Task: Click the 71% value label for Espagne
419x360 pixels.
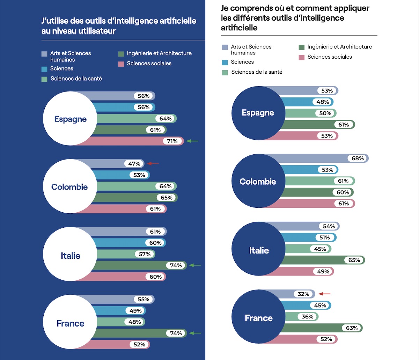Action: [x=172, y=141]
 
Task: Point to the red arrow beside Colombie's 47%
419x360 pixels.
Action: [x=153, y=163]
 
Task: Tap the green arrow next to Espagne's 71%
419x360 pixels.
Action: [x=192, y=141]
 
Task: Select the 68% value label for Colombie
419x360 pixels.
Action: [x=358, y=159]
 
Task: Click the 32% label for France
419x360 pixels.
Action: [x=303, y=294]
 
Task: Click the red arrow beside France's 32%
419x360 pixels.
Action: [x=324, y=294]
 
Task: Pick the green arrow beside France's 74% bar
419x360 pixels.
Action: [x=195, y=333]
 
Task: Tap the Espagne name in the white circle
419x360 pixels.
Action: [x=71, y=119]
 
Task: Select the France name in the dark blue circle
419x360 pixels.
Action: [x=259, y=318]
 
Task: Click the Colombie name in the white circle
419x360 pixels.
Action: [x=69, y=187]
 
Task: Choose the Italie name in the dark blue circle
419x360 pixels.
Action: [x=259, y=250]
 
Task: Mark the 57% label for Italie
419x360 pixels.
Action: [x=145, y=254]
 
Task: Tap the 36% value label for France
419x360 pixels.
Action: [x=307, y=317]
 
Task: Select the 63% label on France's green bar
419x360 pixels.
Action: [x=352, y=328]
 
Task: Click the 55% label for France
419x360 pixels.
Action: [x=143, y=299]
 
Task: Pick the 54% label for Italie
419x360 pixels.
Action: [x=329, y=226]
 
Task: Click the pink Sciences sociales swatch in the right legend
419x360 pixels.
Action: [x=302, y=57]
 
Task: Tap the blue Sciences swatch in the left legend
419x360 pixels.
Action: [x=44, y=69]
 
